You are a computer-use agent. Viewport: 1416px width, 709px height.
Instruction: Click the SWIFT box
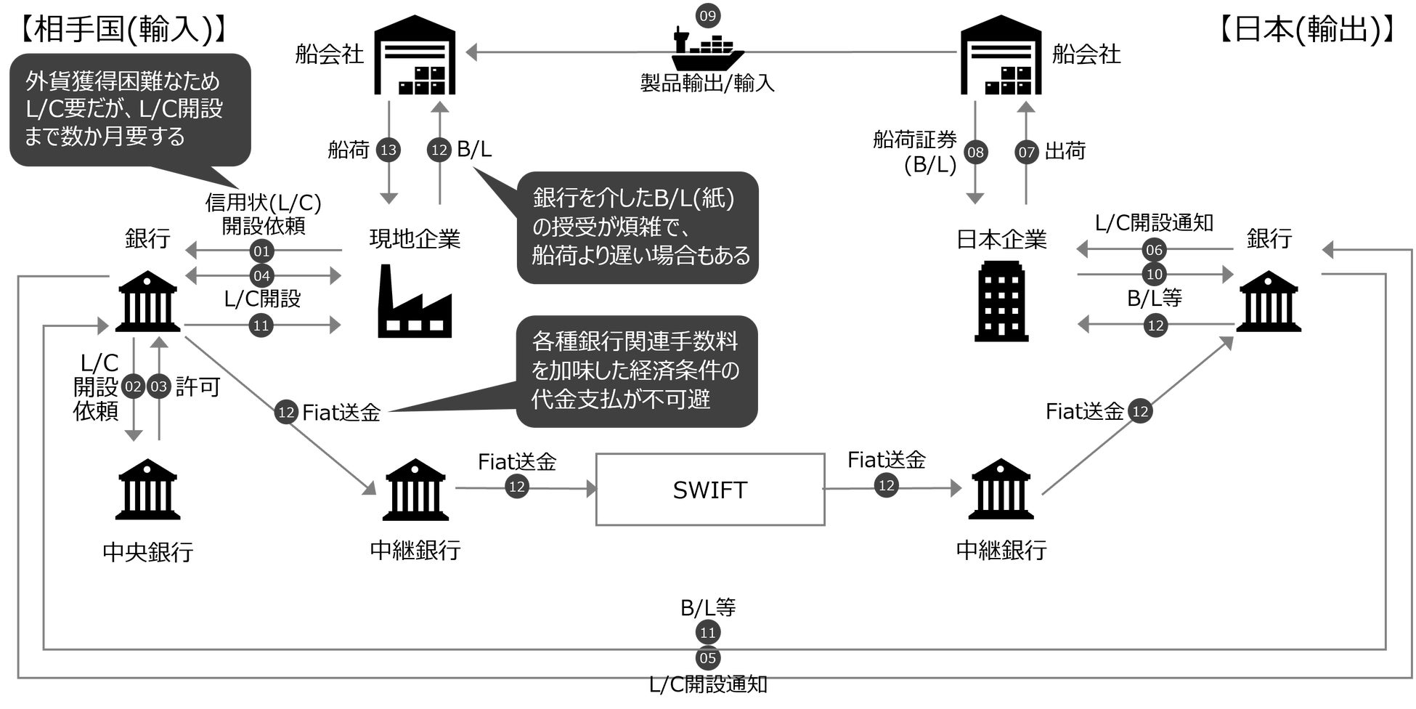[710, 490]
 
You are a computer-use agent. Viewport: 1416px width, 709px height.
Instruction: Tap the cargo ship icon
[707, 50]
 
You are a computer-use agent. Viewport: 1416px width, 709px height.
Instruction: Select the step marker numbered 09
[707, 15]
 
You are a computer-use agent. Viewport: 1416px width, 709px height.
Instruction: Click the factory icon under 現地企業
[415, 301]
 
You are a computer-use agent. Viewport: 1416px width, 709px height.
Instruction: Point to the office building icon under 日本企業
[1001, 301]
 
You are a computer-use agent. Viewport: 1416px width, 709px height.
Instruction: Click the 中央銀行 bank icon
[148, 489]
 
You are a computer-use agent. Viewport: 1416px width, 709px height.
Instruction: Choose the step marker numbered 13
[389, 150]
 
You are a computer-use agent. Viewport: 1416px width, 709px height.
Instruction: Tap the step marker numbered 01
[261, 252]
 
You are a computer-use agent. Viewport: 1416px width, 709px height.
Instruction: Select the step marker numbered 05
[707, 658]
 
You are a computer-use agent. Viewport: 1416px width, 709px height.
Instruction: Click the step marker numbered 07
[1026, 152]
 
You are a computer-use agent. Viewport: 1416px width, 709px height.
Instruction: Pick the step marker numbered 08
[975, 152]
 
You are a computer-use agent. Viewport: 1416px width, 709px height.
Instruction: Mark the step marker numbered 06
[1154, 251]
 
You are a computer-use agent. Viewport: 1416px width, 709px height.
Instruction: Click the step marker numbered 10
[1154, 274]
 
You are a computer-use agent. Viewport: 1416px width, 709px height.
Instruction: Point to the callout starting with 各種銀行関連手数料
[637, 370]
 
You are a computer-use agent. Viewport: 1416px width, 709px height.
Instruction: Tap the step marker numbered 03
[158, 386]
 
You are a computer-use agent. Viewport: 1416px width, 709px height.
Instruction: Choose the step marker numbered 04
[261, 276]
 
